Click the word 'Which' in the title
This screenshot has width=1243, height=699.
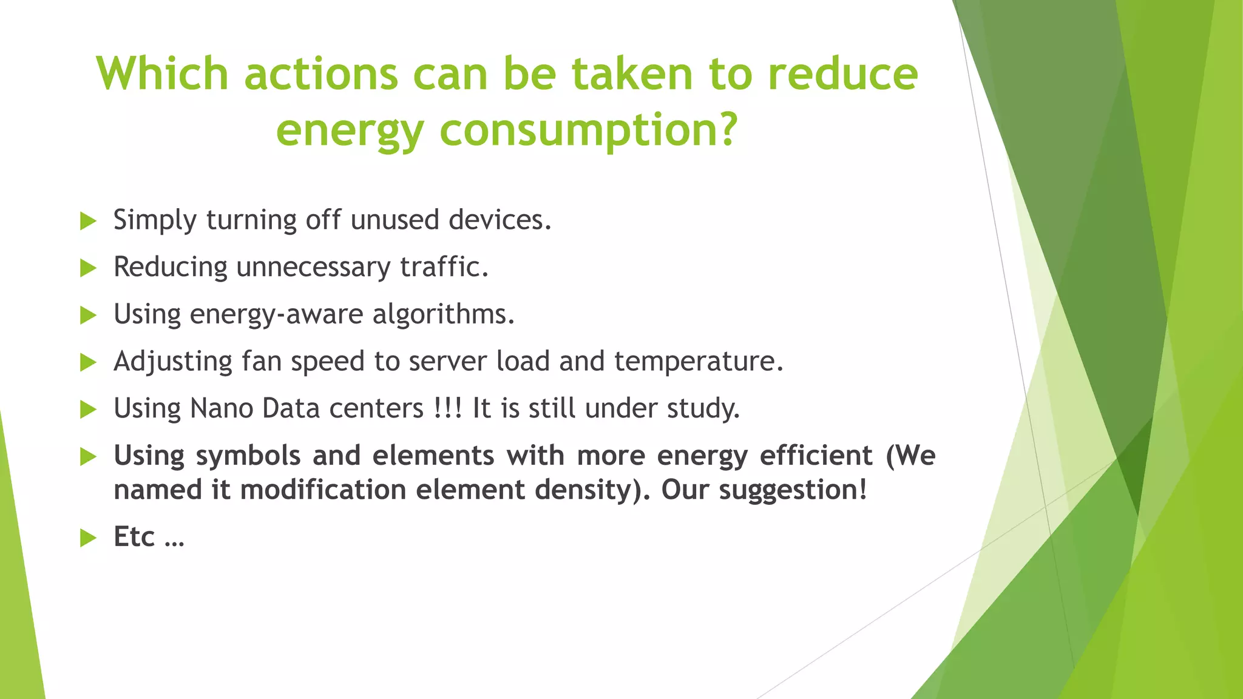pyautogui.click(x=162, y=74)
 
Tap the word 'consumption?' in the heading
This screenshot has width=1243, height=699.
pyautogui.click(x=589, y=130)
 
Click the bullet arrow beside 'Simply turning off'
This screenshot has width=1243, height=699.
pyautogui.click(x=89, y=221)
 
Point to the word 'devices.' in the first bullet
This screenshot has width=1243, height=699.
pyautogui.click(x=500, y=220)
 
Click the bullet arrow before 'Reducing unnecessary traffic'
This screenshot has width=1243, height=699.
pyautogui.click(x=89, y=268)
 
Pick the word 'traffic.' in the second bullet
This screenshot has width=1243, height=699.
pyautogui.click(x=444, y=267)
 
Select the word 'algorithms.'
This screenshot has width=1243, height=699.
pyautogui.click(x=443, y=314)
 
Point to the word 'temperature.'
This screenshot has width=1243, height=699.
pyautogui.click(x=699, y=362)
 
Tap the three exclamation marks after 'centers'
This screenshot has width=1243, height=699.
pyautogui.click(x=449, y=408)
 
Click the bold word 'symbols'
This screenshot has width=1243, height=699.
pyautogui.click(x=248, y=456)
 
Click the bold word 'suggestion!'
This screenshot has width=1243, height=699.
pyautogui.click(x=793, y=490)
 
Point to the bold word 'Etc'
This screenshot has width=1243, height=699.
pyautogui.click(x=134, y=537)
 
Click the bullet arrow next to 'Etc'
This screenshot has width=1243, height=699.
pyautogui.click(x=89, y=538)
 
